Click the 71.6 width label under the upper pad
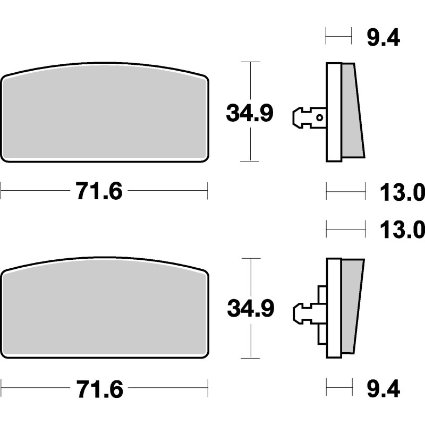(x=99, y=191)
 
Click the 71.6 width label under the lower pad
(x=99, y=390)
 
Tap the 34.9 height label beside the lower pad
(x=250, y=309)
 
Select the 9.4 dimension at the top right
(x=382, y=38)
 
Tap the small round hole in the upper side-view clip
(x=319, y=117)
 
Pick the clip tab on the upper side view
(x=305, y=117)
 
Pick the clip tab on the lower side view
(x=305, y=312)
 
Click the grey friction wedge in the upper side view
(x=352, y=112)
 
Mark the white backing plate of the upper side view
(x=334, y=112)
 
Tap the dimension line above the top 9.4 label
(x=338, y=37)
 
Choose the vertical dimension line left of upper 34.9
(x=250, y=80)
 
